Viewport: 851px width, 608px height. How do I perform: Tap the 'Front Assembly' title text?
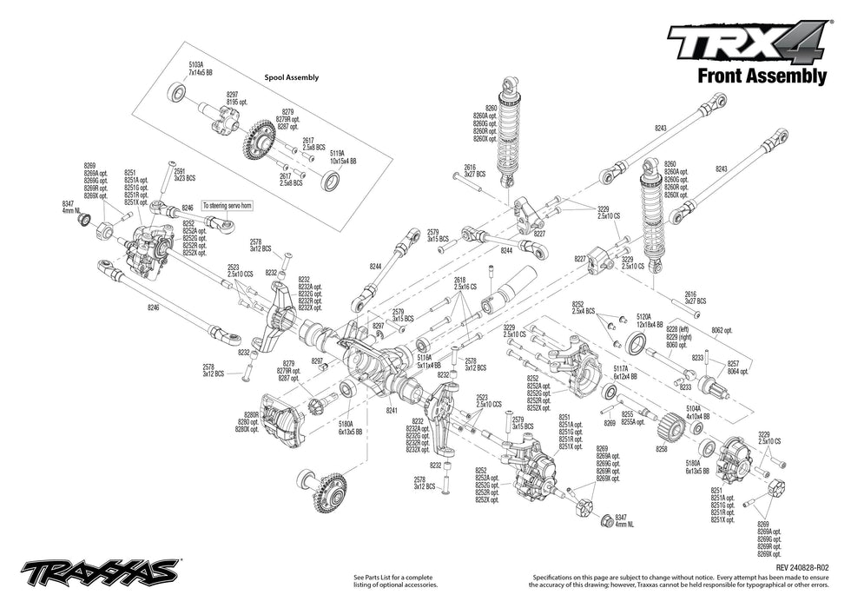point(762,76)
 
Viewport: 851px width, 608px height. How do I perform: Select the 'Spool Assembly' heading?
point(291,77)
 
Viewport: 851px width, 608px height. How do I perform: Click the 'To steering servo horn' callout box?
point(225,206)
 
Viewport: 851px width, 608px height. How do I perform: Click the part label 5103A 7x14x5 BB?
point(200,69)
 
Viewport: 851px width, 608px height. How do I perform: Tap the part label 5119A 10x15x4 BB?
point(340,157)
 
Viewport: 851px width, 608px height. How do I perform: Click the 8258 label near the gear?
point(662,449)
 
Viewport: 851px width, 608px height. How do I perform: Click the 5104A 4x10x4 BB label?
point(698,411)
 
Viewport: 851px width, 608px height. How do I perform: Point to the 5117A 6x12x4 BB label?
point(622,373)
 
